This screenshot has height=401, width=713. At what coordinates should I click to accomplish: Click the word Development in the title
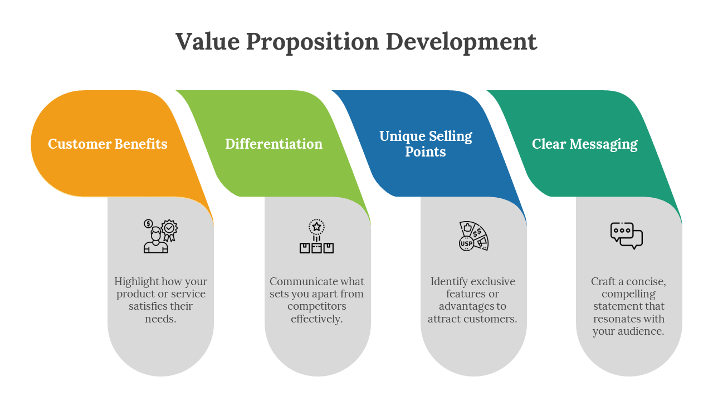click(461, 42)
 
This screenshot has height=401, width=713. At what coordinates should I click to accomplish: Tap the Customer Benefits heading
click(108, 144)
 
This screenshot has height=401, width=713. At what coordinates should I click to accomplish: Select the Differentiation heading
click(274, 144)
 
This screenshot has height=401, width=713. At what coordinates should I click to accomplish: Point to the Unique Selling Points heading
click(426, 144)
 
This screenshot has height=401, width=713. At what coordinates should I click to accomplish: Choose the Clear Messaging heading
click(584, 144)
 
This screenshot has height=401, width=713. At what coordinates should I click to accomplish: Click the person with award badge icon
click(160, 236)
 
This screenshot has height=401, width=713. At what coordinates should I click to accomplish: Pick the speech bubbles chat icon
click(627, 236)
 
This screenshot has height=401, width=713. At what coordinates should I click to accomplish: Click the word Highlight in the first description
click(136, 281)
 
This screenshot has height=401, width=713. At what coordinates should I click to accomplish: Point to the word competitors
click(317, 306)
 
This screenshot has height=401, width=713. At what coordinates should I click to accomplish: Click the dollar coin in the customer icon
click(148, 224)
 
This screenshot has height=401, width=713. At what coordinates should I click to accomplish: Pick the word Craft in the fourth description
click(603, 281)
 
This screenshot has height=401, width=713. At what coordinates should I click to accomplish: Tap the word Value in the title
click(207, 42)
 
